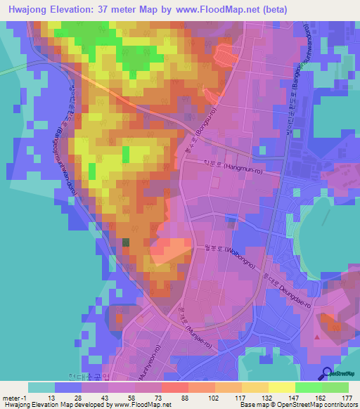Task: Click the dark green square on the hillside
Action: click(x=126, y=242)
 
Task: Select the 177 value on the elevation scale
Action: click(x=345, y=397)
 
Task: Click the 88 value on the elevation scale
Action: click(x=174, y=397)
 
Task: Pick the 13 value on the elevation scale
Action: click(x=50, y=397)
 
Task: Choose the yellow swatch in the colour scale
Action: click(x=281, y=387)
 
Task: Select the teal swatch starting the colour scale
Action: click(x=41, y=387)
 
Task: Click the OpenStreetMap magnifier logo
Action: click(x=327, y=373)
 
